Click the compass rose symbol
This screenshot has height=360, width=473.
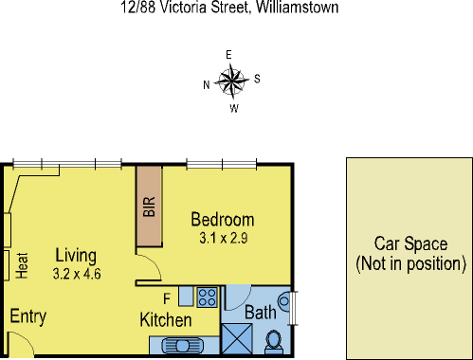coord(231,81)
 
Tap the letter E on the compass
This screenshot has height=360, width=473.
coord(229,56)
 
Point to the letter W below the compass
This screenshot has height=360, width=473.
coord(233,107)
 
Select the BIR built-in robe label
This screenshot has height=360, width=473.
coord(149,207)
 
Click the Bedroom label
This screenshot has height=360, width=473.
coord(223,218)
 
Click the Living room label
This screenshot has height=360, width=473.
coord(77,255)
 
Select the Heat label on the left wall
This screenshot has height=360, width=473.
coord(21,264)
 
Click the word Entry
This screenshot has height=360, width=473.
coord(27,316)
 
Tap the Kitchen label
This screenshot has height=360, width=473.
coord(166,320)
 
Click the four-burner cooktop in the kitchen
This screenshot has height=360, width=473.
coord(208,296)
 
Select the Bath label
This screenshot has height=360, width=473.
coord(262,313)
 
